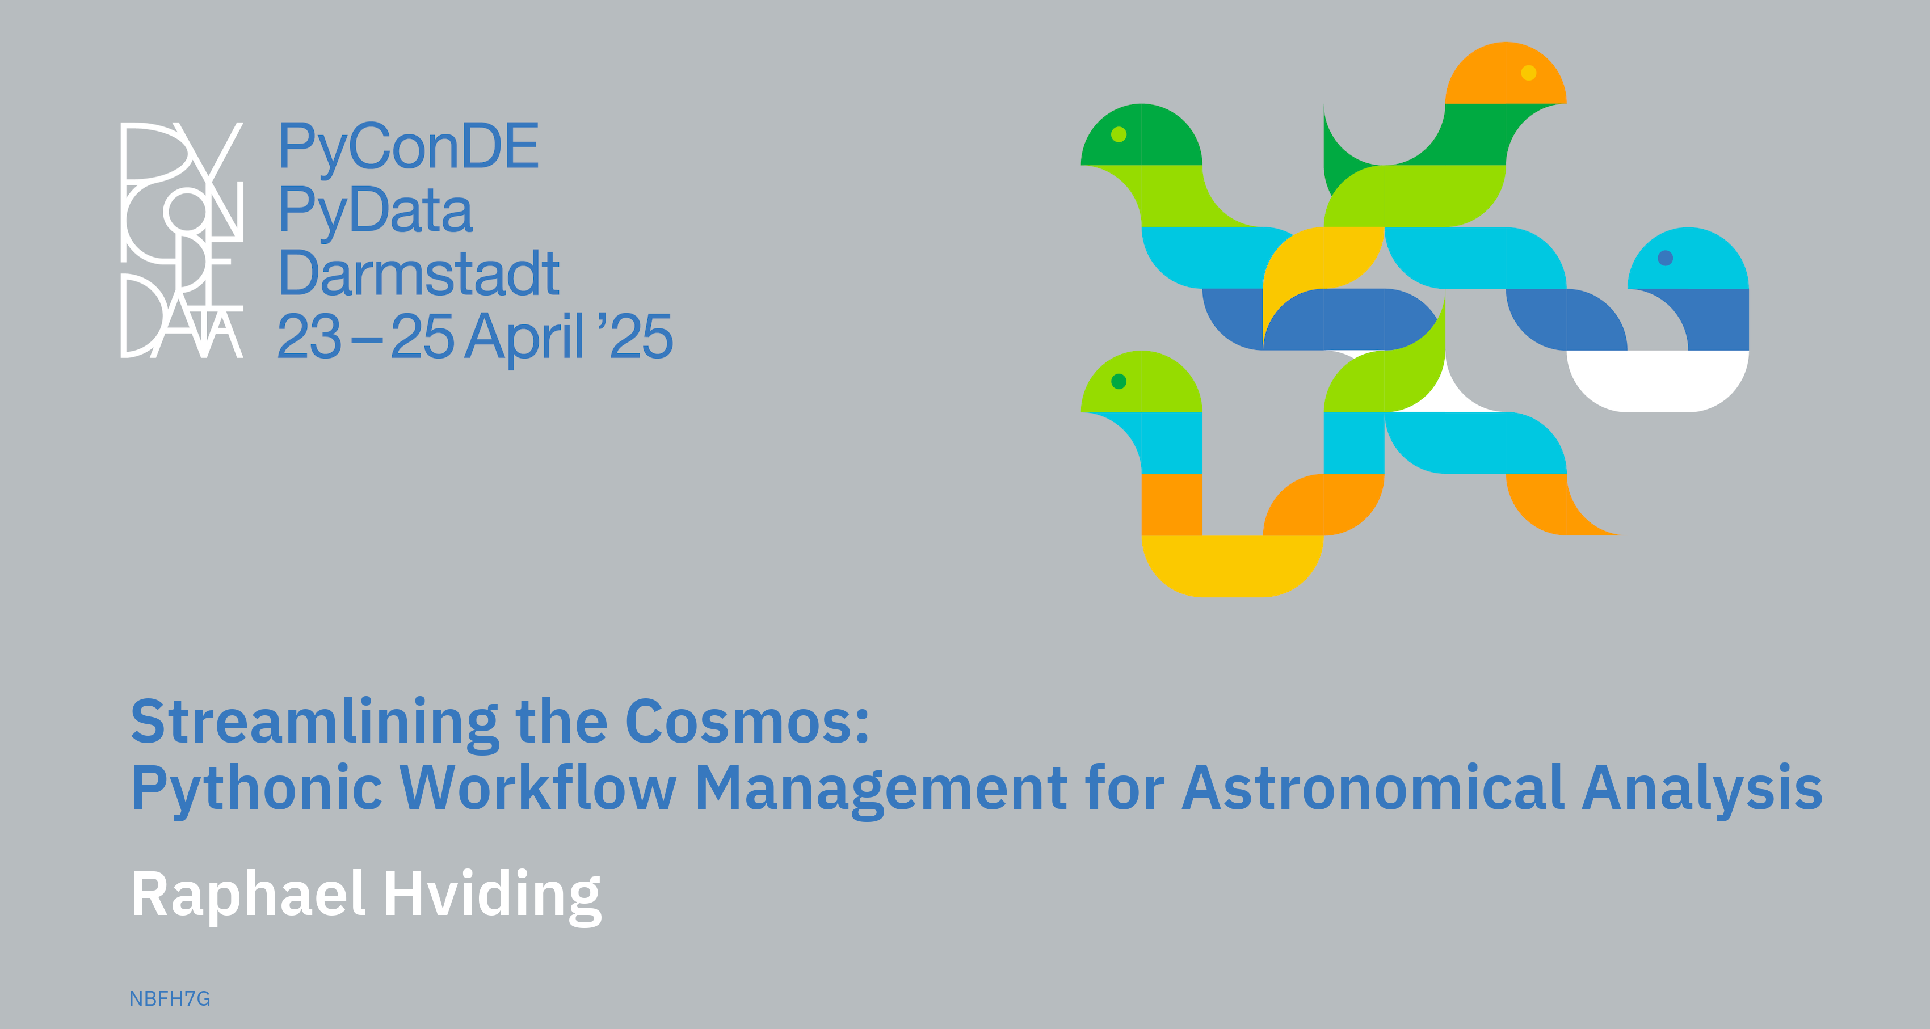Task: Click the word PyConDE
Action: [x=409, y=147]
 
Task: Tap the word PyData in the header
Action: [x=375, y=210]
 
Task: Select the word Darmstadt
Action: [x=419, y=273]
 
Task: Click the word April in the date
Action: [x=524, y=338]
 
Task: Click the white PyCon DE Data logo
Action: [x=182, y=239]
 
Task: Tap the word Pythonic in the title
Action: [x=257, y=788]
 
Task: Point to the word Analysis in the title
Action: [x=1702, y=788]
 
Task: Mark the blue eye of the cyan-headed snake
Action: [x=1666, y=258]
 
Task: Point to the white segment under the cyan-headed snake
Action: [x=1657, y=381]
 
